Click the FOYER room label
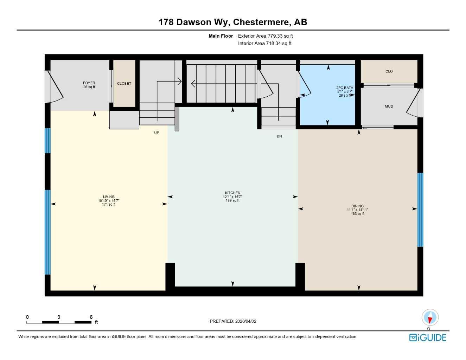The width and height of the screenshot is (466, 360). (x=89, y=83)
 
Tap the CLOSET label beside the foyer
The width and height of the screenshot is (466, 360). (x=124, y=84)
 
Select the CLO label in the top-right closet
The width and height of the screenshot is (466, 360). (x=389, y=71)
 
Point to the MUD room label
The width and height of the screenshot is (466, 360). (x=389, y=107)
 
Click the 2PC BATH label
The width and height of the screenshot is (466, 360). (x=345, y=88)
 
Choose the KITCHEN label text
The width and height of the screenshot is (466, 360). (x=232, y=193)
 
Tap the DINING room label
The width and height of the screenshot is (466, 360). (x=357, y=206)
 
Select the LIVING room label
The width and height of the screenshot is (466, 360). (x=109, y=197)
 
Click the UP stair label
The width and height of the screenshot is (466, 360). (x=157, y=133)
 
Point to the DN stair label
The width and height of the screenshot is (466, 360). (x=279, y=136)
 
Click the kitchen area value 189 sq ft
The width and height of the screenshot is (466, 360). (x=232, y=201)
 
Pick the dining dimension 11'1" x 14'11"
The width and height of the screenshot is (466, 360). (x=357, y=210)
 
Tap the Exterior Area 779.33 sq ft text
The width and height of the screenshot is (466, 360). (x=265, y=36)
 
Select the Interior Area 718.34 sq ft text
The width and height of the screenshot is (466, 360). (x=264, y=44)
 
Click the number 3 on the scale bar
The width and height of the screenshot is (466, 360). (x=59, y=317)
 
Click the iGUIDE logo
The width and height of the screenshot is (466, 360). (x=428, y=337)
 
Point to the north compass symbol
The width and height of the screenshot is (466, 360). (x=430, y=317)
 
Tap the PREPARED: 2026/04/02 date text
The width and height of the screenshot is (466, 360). (x=233, y=321)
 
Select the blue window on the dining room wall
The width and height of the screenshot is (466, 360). (x=420, y=210)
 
